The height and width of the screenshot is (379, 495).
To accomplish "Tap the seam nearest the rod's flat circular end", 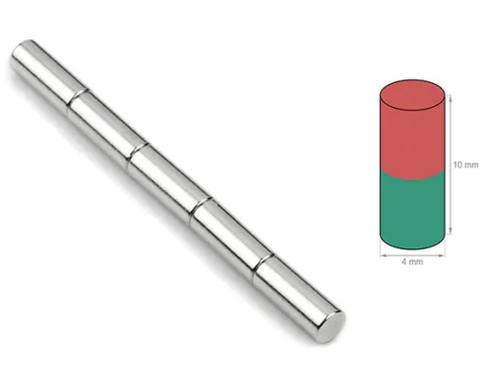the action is click(x=262, y=264).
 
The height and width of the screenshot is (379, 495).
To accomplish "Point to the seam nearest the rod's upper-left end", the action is click(x=78, y=98).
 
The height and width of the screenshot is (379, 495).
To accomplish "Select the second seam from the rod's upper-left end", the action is click(x=138, y=152).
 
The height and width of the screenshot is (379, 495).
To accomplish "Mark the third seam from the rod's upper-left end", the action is click(x=200, y=208).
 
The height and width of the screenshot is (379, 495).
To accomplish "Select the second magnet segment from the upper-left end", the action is click(x=108, y=126).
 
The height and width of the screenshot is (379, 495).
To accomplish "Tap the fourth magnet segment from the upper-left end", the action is click(x=232, y=237).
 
